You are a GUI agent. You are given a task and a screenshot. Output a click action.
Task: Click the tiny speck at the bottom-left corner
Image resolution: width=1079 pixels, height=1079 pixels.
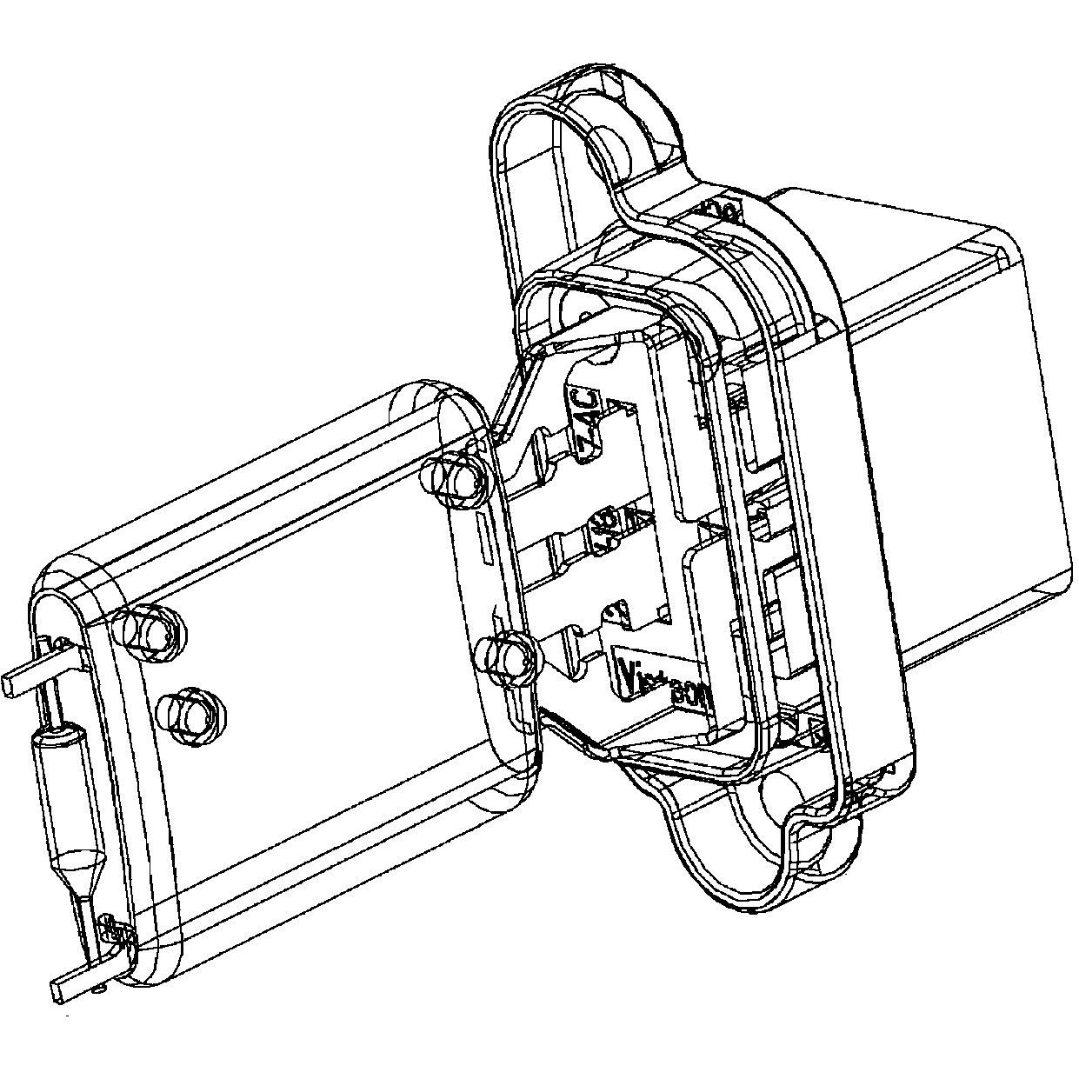67,1015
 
